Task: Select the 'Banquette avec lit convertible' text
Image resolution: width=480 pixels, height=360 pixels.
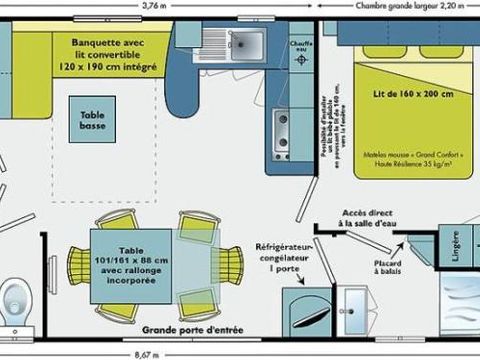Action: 107,50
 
